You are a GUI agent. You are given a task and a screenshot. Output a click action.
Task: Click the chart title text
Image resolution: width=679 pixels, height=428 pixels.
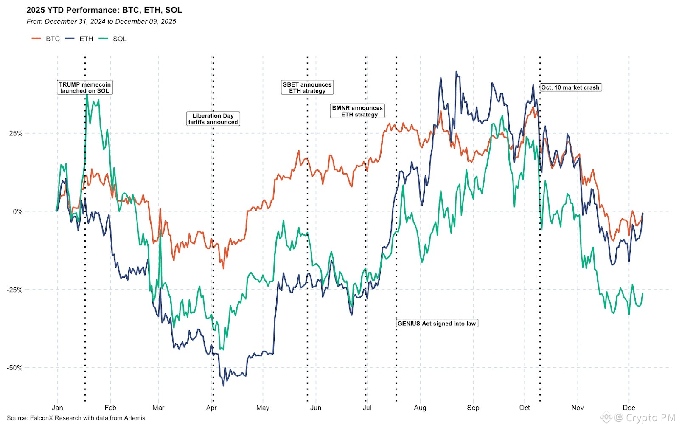(x=104, y=10)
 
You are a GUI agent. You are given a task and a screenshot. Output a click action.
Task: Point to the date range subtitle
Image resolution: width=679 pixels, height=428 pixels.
(x=101, y=21)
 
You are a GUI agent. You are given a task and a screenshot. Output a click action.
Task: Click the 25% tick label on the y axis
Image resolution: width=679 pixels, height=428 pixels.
(x=16, y=133)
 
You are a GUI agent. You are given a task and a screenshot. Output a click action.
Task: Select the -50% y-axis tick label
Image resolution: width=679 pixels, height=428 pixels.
(x=14, y=368)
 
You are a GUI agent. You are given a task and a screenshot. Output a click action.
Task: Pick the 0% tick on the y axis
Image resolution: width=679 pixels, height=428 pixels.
(x=17, y=211)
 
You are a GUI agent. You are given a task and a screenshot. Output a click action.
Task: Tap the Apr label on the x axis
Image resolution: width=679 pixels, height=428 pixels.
(x=211, y=408)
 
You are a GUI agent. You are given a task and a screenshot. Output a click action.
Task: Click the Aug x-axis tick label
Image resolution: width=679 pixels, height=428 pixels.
(x=420, y=408)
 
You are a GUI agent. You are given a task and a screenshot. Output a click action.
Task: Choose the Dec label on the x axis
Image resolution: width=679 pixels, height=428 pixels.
(x=628, y=408)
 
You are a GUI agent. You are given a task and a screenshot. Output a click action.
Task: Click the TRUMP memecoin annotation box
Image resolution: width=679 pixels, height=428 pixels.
(x=85, y=87)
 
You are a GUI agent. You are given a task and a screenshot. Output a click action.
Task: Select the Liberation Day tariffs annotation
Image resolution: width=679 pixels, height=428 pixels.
(x=213, y=119)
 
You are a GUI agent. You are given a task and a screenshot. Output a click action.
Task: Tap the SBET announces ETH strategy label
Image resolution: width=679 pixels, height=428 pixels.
(x=307, y=87)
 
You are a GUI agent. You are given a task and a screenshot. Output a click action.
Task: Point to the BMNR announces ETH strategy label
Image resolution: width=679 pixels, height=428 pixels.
(x=357, y=111)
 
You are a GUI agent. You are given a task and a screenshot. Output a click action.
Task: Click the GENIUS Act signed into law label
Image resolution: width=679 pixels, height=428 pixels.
(x=437, y=324)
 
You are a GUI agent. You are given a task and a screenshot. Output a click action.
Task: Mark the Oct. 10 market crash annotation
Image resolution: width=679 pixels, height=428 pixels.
(x=570, y=87)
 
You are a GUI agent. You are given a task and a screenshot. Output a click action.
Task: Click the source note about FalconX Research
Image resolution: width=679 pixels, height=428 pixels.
(x=76, y=418)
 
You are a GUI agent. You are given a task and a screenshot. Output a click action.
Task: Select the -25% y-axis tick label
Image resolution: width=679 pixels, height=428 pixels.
(x=14, y=290)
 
